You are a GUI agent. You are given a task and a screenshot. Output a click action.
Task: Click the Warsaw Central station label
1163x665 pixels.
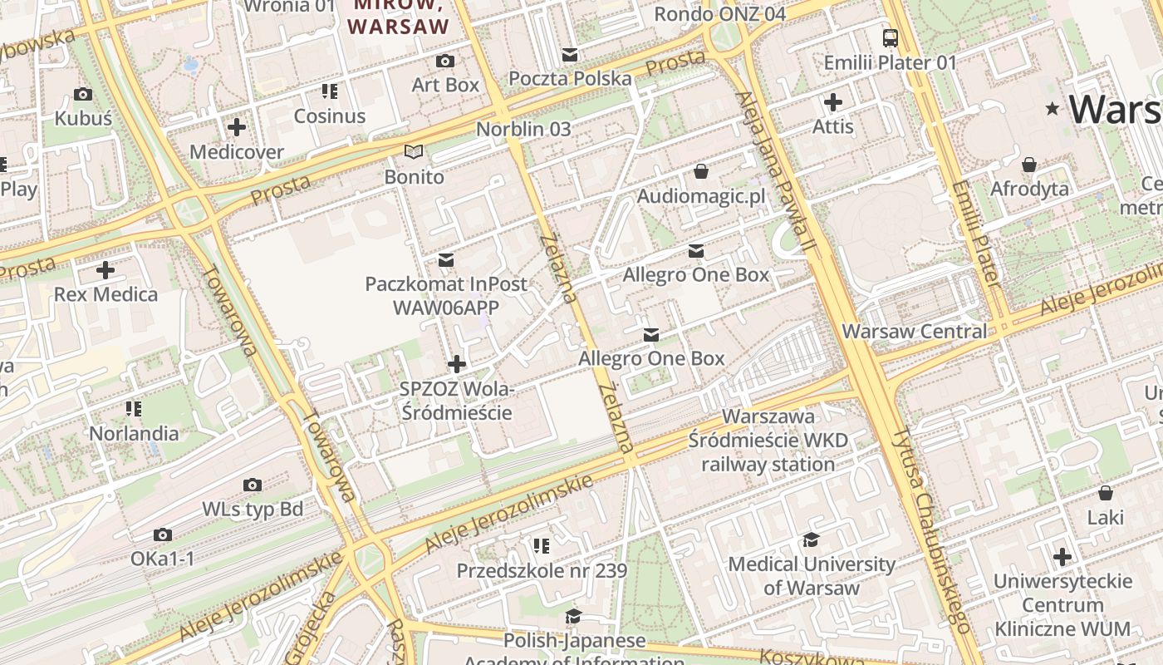(915, 331)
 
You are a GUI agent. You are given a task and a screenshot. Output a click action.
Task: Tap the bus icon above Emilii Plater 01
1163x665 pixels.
(891, 37)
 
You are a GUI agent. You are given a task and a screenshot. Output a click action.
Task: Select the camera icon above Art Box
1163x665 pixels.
(445, 61)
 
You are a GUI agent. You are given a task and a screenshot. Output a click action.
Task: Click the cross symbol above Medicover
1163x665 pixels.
(237, 127)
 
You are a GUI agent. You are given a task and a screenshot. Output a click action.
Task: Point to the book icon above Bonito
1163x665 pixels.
(414, 151)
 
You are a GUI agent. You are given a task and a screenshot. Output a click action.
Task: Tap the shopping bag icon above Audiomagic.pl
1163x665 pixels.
(701, 171)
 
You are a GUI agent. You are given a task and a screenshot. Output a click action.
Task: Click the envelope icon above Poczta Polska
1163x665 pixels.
(570, 55)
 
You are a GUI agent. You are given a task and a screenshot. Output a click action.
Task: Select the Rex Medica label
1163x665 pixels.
(106, 294)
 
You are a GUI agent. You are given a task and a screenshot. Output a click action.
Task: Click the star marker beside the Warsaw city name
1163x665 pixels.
(1053, 109)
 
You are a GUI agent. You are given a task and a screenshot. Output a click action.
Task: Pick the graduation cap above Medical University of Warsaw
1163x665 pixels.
(812, 540)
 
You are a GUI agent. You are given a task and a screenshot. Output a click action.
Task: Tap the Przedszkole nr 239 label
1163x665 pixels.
(542, 571)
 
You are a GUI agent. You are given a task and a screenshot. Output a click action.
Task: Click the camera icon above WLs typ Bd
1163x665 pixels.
(253, 485)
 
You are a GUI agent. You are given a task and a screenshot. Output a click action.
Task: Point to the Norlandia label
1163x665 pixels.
(134, 433)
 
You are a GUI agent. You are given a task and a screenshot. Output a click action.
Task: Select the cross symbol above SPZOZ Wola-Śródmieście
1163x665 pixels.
(456, 364)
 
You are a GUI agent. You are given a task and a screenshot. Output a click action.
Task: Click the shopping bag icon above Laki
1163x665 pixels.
(1106, 493)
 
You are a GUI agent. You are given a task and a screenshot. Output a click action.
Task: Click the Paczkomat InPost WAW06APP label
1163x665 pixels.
(446, 295)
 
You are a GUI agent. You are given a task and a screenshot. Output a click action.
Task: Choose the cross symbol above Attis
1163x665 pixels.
(833, 102)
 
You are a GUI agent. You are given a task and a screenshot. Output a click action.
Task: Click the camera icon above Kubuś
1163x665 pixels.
(83, 94)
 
